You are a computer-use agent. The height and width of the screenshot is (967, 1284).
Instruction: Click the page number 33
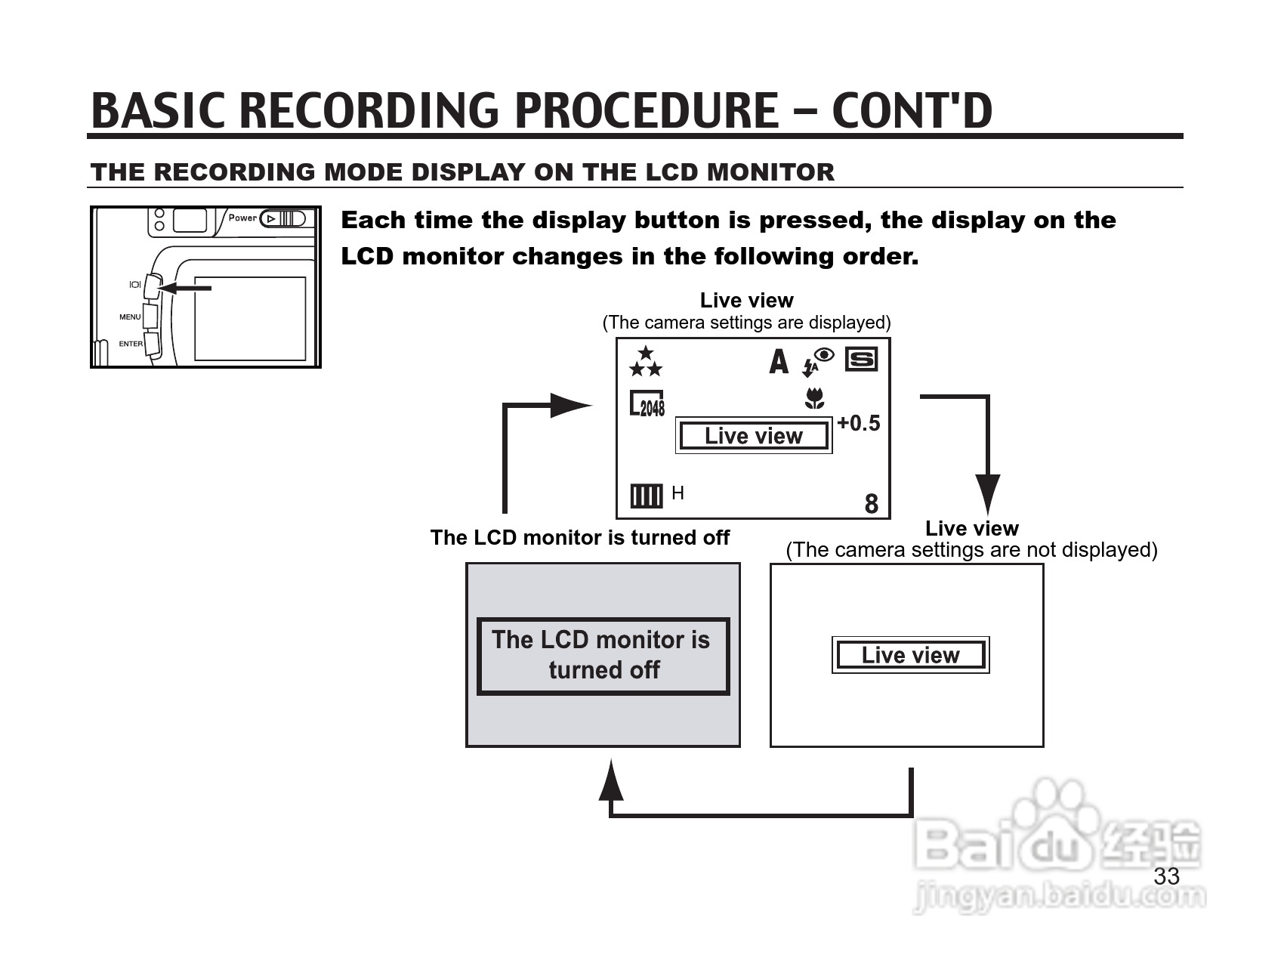click(1166, 876)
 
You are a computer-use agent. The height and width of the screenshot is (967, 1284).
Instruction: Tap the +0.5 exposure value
click(859, 423)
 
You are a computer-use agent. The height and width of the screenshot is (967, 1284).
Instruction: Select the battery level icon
click(646, 496)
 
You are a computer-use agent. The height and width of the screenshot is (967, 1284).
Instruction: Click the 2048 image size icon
click(647, 404)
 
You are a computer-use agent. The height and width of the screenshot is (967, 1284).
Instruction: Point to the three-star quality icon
click(645, 362)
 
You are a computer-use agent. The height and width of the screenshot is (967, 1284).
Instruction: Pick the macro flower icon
click(814, 398)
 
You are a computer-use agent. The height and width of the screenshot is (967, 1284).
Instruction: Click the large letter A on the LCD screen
click(779, 362)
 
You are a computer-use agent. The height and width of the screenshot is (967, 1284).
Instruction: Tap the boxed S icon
click(861, 359)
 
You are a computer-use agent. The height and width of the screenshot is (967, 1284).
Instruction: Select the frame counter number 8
click(871, 504)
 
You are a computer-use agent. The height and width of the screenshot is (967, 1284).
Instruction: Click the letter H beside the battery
click(677, 493)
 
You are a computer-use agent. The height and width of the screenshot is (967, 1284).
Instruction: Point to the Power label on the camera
click(242, 218)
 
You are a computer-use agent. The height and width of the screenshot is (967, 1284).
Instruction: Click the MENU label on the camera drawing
click(130, 317)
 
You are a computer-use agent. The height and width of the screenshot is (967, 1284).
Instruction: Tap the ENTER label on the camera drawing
click(130, 344)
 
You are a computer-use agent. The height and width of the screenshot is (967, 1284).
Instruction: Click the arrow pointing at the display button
click(185, 288)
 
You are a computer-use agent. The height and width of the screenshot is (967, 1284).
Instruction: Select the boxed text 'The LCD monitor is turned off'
click(603, 656)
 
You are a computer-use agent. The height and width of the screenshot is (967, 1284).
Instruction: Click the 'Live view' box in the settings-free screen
click(910, 655)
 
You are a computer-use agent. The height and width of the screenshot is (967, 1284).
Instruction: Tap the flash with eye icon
click(817, 361)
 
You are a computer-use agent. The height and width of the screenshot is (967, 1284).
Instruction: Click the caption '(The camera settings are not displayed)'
click(971, 550)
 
